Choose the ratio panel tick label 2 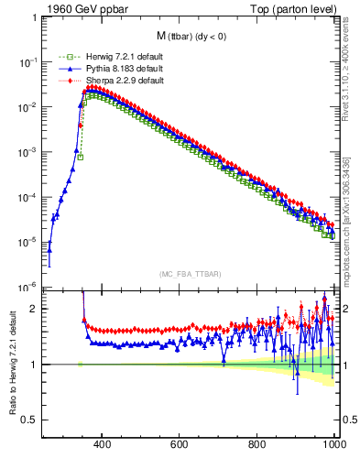pyautogui.click(x=34, y=309)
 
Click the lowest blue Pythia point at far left pyautogui.click(x=49, y=249)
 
